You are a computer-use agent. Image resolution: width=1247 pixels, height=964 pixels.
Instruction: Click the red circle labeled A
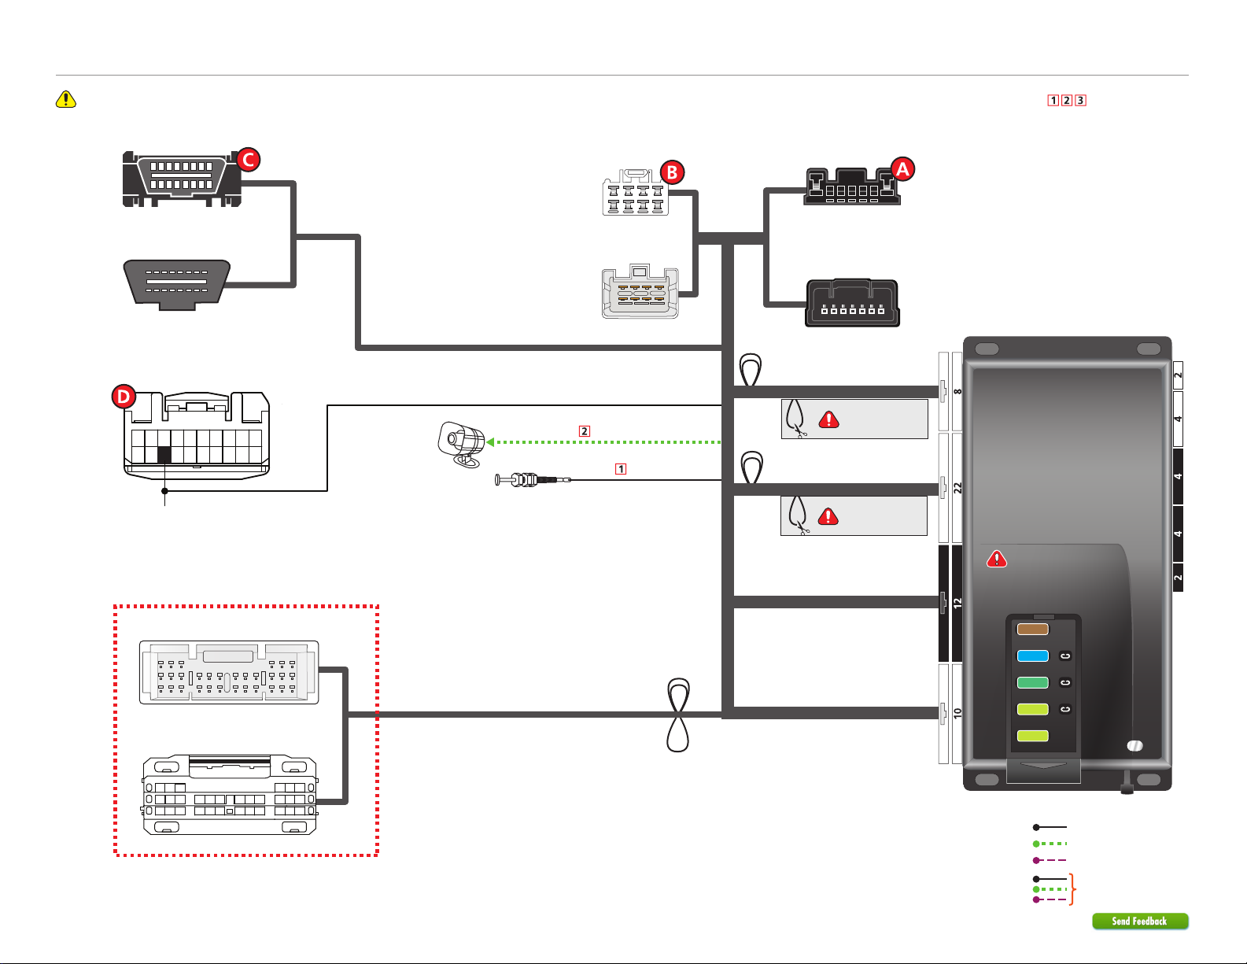pyautogui.click(x=902, y=169)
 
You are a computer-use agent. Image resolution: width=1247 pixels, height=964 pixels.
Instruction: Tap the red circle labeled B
pyautogui.click(x=672, y=172)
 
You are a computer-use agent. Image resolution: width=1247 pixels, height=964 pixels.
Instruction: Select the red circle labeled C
pyautogui.click(x=249, y=160)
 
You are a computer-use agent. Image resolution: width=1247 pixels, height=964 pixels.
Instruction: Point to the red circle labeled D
pyautogui.click(x=124, y=397)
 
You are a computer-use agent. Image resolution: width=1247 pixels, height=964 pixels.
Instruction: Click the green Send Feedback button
pyautogui.click(x=1140, y=921)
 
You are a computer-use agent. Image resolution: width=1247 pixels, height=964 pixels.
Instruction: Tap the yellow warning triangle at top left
pyautogui.click(x=66, y=99)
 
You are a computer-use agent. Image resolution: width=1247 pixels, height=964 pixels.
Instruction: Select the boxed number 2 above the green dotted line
pyautogui.click(x=585, y=431)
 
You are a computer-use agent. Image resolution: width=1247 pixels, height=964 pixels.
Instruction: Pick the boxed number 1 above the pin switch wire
pyautogui.click(x=620, y=469)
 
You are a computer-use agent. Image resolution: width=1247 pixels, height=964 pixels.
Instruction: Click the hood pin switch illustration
pyautogui.click(x=533, y=480)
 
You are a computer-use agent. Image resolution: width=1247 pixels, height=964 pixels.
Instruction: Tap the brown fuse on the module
pyautogui.click(x=1032, y=629)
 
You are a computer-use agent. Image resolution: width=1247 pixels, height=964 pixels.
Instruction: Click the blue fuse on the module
pyautogui.click(x=1032, y=656)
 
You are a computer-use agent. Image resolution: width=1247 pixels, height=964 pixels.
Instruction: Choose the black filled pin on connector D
pyautogui.click(x=164, y=455)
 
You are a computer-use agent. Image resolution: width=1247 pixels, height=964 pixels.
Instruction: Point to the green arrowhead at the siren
pyautogui.click(x=490, y=441)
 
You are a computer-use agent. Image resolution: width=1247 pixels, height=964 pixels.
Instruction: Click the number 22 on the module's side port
pyautogui.click(x=957, y=488)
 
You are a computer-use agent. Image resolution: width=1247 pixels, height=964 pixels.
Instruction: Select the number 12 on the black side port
pyautogui.click(x=957, y=603)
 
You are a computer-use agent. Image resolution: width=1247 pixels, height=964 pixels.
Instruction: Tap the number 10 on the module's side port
pyautogui.click(x=957, y=713)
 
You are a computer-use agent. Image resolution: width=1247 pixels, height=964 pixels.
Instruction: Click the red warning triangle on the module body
pyautogui.click(x=997, y=559)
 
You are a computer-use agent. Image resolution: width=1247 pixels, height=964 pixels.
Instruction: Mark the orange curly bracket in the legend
pyautogui.click(x=1072, y=888)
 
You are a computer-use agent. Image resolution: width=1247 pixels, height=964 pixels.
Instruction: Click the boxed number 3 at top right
pyautogui.click(x=1080, y=101)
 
